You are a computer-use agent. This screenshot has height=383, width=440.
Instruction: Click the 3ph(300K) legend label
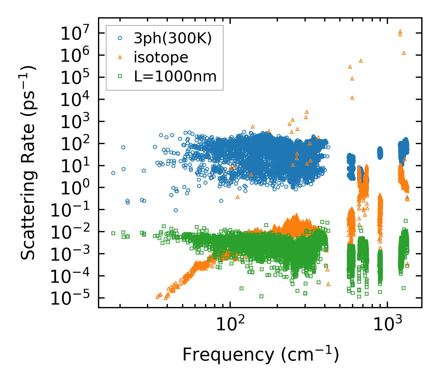173,38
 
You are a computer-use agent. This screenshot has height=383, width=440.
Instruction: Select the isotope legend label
161,57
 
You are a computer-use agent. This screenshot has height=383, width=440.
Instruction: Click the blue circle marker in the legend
120,38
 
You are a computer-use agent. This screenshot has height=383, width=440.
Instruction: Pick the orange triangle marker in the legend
120,57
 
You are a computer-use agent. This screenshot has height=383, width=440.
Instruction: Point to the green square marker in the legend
120,76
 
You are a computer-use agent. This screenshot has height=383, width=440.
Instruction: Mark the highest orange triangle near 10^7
400,31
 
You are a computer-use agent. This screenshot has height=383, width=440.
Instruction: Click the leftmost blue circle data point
113,173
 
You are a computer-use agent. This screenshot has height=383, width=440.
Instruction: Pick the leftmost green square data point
113,233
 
